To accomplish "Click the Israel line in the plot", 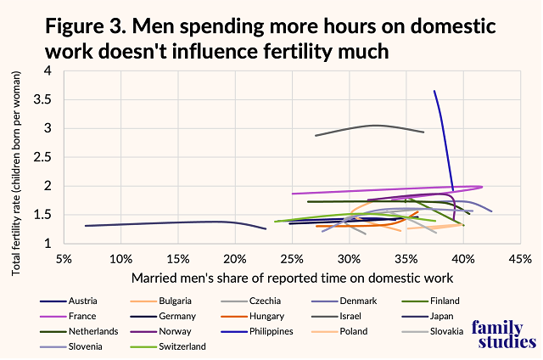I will [373, 126].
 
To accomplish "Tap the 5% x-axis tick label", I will [63, 258].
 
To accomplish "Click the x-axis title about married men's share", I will [289, 278].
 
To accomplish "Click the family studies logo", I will [503, 332].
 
